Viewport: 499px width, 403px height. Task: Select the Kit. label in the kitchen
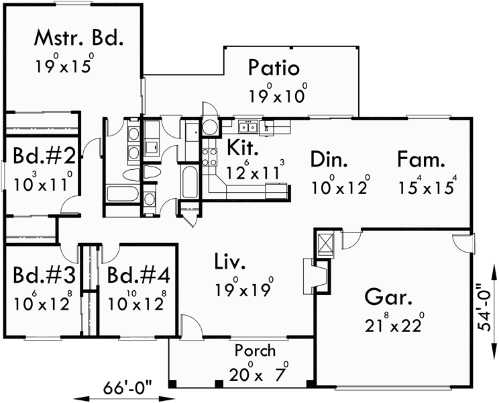point(240,146)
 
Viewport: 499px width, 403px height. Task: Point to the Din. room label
point(329,160)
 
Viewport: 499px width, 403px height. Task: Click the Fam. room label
point(421,160)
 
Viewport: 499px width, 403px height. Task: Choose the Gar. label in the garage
point(389,297)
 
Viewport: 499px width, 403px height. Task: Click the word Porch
point(255,351)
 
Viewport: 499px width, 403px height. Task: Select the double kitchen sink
point(248,126)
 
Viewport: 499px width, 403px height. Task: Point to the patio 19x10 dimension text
point(278,94)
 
